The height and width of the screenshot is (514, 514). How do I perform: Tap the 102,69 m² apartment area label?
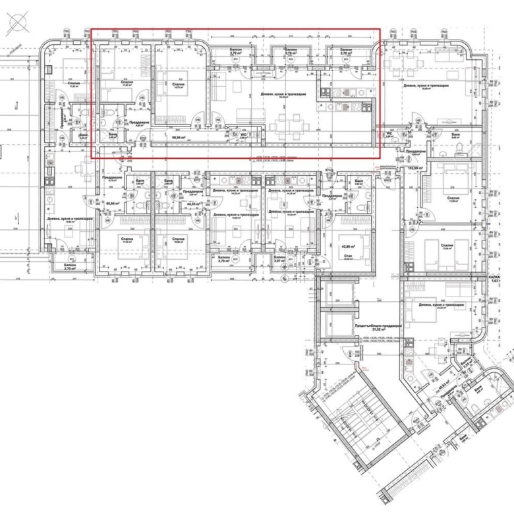[414, 168]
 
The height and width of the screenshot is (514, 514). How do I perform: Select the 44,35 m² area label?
[193, 204]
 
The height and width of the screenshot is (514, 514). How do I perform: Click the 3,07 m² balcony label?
[279, 260]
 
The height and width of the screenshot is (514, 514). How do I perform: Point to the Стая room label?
[344, 256]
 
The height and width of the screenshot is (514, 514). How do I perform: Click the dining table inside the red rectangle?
[288, 123]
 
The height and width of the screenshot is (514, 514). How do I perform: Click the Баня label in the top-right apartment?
[456, 135]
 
